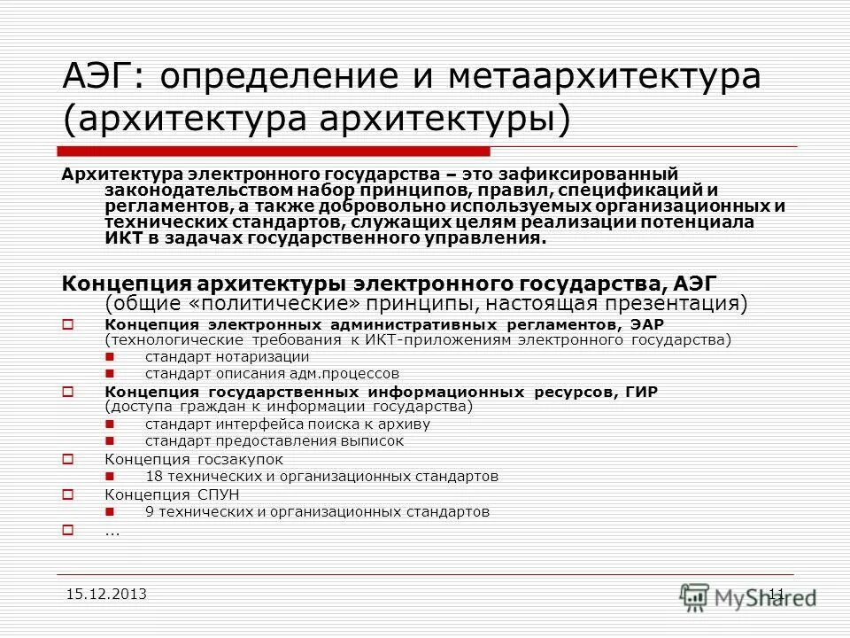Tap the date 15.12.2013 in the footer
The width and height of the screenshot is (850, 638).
coord(106,594)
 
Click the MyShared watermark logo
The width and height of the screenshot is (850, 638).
coord(748,596)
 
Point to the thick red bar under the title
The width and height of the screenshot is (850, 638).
coord(274,151)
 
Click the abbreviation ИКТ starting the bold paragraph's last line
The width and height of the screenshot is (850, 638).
coord(123,237)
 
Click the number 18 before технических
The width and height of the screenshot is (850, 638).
coord(154,476)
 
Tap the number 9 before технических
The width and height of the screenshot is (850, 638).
coord(150,511)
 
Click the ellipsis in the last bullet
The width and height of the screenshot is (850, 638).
coord(112,531)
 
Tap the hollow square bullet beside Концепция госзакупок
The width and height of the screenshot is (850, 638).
coord(67,459)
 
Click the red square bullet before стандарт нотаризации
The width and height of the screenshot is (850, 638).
coord(109,356)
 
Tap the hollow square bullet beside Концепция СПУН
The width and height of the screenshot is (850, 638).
coord(67,494)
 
